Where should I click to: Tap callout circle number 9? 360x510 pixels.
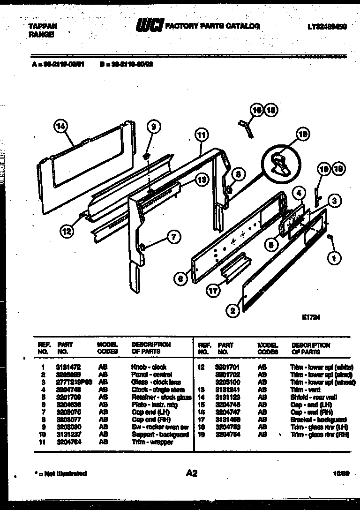[153, 125]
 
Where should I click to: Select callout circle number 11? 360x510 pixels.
[201, 135]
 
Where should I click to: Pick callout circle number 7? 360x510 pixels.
[174, 238]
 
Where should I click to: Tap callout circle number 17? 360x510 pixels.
[213, 291]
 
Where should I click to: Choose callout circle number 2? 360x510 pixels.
[232, 309]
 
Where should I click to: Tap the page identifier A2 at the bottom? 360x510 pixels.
[191, 473]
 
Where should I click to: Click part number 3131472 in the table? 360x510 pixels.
[67, 367]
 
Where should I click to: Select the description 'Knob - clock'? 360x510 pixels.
[149, 367]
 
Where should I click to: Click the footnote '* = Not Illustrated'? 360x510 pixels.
[61, 474]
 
